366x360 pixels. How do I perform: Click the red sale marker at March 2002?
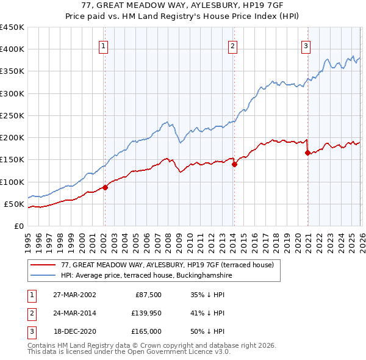[x=105, y=187]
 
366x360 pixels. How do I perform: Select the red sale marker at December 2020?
[x=307, y=153]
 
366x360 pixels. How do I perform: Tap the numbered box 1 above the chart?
[x=104, y=45]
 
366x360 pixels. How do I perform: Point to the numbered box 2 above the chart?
[x=233, y=45]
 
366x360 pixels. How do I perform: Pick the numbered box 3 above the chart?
[x=306, y=45]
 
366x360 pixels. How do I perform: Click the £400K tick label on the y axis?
[x=12, y=49]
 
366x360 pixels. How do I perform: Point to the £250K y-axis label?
[x=12, y=115]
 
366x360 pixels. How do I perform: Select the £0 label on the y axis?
[x=18, y=226]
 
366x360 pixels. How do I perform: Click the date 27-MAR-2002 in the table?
[x=74, y=294]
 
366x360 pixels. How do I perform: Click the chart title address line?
[x=183, y=5]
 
